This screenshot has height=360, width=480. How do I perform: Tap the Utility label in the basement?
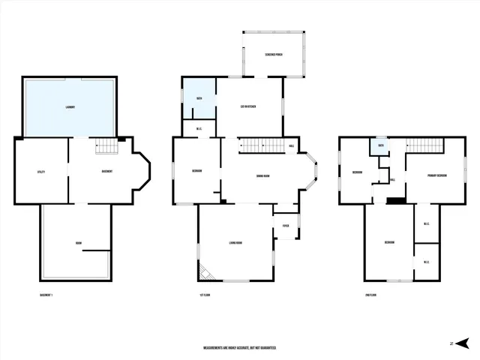tap(41, 172)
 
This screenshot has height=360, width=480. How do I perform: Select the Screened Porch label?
tap(273, 56)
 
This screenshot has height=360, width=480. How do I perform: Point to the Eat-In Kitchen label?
tap(248, 107)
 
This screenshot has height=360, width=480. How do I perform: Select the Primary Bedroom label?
tap(437, 175)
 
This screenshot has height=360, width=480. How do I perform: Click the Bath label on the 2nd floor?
tap(381, 145)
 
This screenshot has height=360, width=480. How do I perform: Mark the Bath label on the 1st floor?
tap(199, 99)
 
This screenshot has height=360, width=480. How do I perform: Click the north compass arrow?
tap(463, 343)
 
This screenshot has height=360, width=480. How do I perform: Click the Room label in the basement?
tap(78, 243)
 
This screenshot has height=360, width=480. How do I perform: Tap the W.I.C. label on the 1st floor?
tap(199, 128)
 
